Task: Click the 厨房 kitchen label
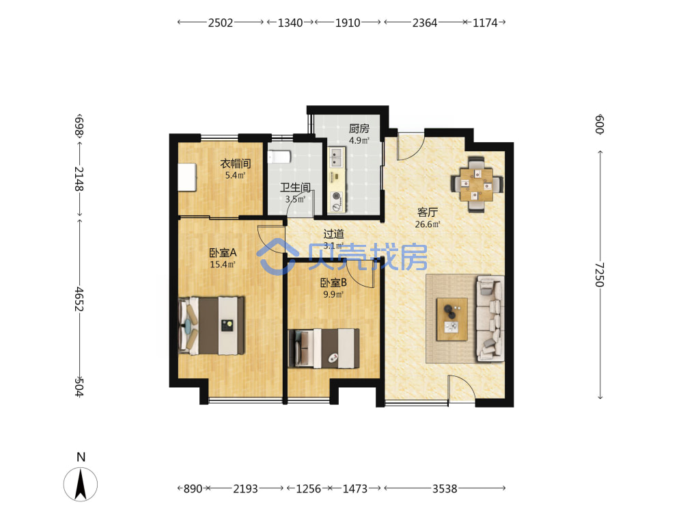click(x=359, y=129)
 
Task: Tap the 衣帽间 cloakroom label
click(x=235, y=163)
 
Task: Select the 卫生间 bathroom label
click(x=295, y=187)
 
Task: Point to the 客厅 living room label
click(x=428, y=213)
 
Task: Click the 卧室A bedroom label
click(x=223, y=252)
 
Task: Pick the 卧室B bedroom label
click(x=333, y=282)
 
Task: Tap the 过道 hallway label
click(x=333, y=234)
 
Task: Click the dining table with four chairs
click(x=477, y=185)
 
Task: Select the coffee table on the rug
click(x=452, y=319)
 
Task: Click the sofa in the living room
click(x=490, y=319)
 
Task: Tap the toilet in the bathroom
click(x=279, y=157)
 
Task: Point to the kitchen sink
click(x=336, y=157)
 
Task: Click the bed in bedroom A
click(x=211, y=326)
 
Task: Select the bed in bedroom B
click(x=324, y=348)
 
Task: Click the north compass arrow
click(x=81, y=484)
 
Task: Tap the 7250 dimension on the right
click(x=600, y=275)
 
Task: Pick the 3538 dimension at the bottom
click(x=445, y=488)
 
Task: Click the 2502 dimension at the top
click(x=221, y=23)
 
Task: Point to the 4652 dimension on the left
click(x=79, y=299)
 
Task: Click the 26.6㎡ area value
click(x=428, y=224)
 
